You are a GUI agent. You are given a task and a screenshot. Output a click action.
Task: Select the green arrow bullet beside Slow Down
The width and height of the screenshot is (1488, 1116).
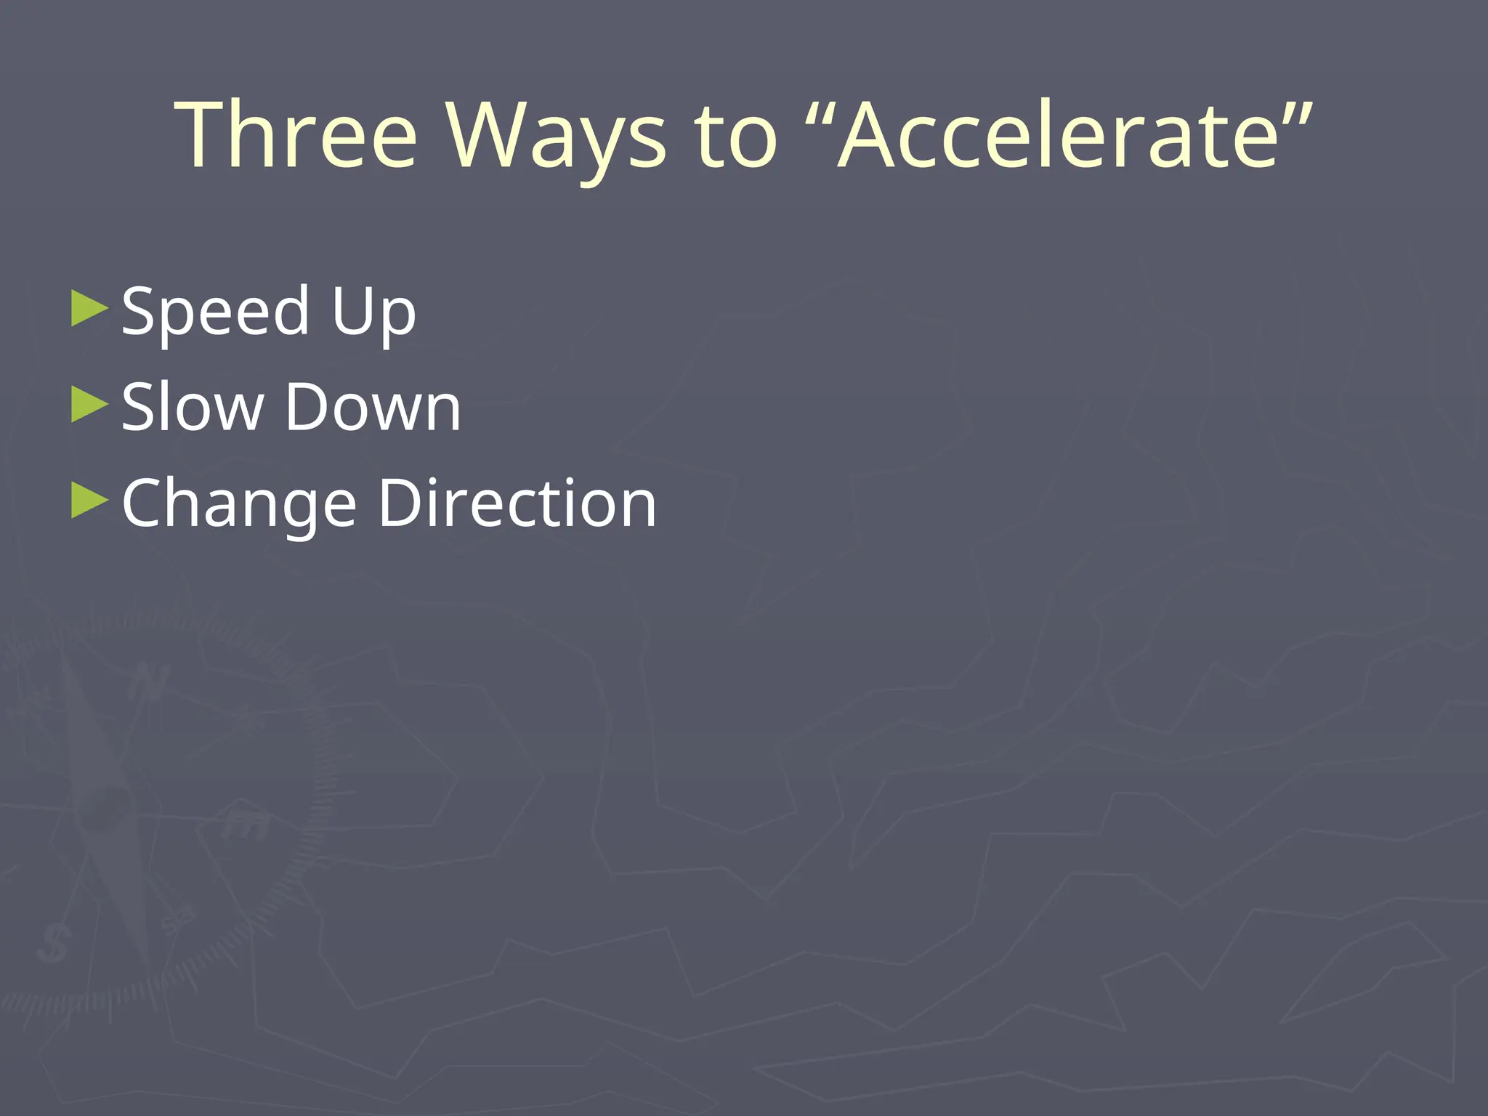(x=89, y=404)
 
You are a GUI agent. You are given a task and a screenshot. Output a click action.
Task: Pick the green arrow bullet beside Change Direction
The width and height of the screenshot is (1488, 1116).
(x=89, y=501)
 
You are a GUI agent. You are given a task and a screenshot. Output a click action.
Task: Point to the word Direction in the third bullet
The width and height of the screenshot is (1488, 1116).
(x=517, y=502)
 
